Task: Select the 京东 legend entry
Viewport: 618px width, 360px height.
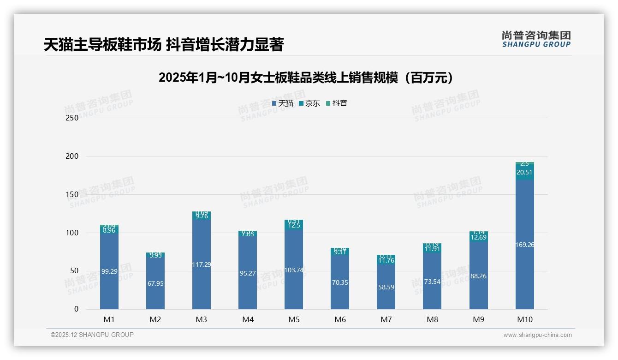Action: [x=309, y=103]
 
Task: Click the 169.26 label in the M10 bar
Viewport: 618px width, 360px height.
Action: [x=525, y=245]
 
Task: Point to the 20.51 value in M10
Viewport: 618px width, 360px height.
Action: [x=524, y=172]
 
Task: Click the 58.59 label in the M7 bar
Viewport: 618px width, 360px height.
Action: [x=386, y=287]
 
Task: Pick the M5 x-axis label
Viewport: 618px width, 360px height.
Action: [x=294, y=319]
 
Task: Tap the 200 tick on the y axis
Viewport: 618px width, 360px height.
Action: [x=72, y=156]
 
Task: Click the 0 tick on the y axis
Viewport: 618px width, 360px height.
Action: [x=77, y=309]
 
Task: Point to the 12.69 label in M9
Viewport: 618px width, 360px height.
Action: [x=478, y=237]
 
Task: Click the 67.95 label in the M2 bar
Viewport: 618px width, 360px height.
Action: [x=155, y=283]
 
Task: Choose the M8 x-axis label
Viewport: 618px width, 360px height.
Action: [x=432, y=319]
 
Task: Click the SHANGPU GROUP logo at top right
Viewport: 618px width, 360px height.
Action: [x=536, y=39]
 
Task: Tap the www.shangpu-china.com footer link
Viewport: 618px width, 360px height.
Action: [x=537, y=335]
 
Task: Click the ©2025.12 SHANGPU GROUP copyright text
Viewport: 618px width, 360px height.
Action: [x=92, y=335]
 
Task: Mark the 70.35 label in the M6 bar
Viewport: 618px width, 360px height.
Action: [x=340, y=282]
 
